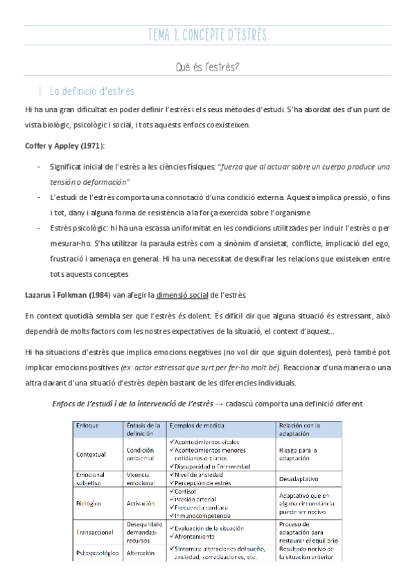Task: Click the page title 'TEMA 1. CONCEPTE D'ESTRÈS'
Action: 207,35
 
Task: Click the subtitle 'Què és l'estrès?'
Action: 207,67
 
